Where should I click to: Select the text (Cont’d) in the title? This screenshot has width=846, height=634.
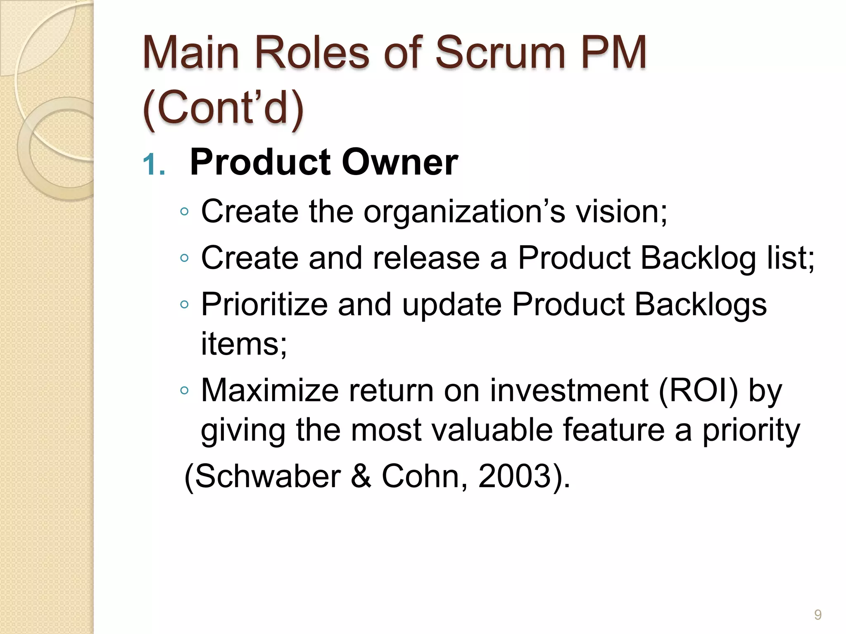coord(223,109)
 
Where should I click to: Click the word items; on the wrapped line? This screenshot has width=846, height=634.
coord(244,343)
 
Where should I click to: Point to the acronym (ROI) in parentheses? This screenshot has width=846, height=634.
coord(698,390)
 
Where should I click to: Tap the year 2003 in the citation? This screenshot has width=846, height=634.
coord(515,476)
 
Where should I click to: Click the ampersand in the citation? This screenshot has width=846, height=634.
coord(361,476)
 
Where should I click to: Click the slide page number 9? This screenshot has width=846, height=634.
coord(817,615)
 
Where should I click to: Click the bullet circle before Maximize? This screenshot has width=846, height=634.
coord(184,390)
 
